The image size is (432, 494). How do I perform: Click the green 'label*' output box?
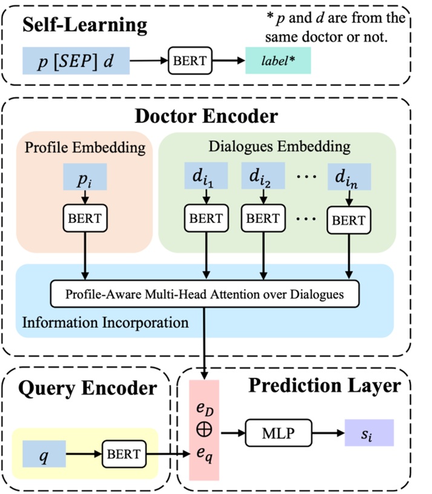tap(278, 61)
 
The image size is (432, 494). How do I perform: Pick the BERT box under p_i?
tap(85, 218)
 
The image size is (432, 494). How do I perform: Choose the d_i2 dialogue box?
tap(262, 177)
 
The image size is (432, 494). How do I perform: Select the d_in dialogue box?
tap(348, 177)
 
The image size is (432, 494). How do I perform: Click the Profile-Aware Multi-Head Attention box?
tap(206, 295)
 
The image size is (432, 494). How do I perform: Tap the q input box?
tap(44, 453)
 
